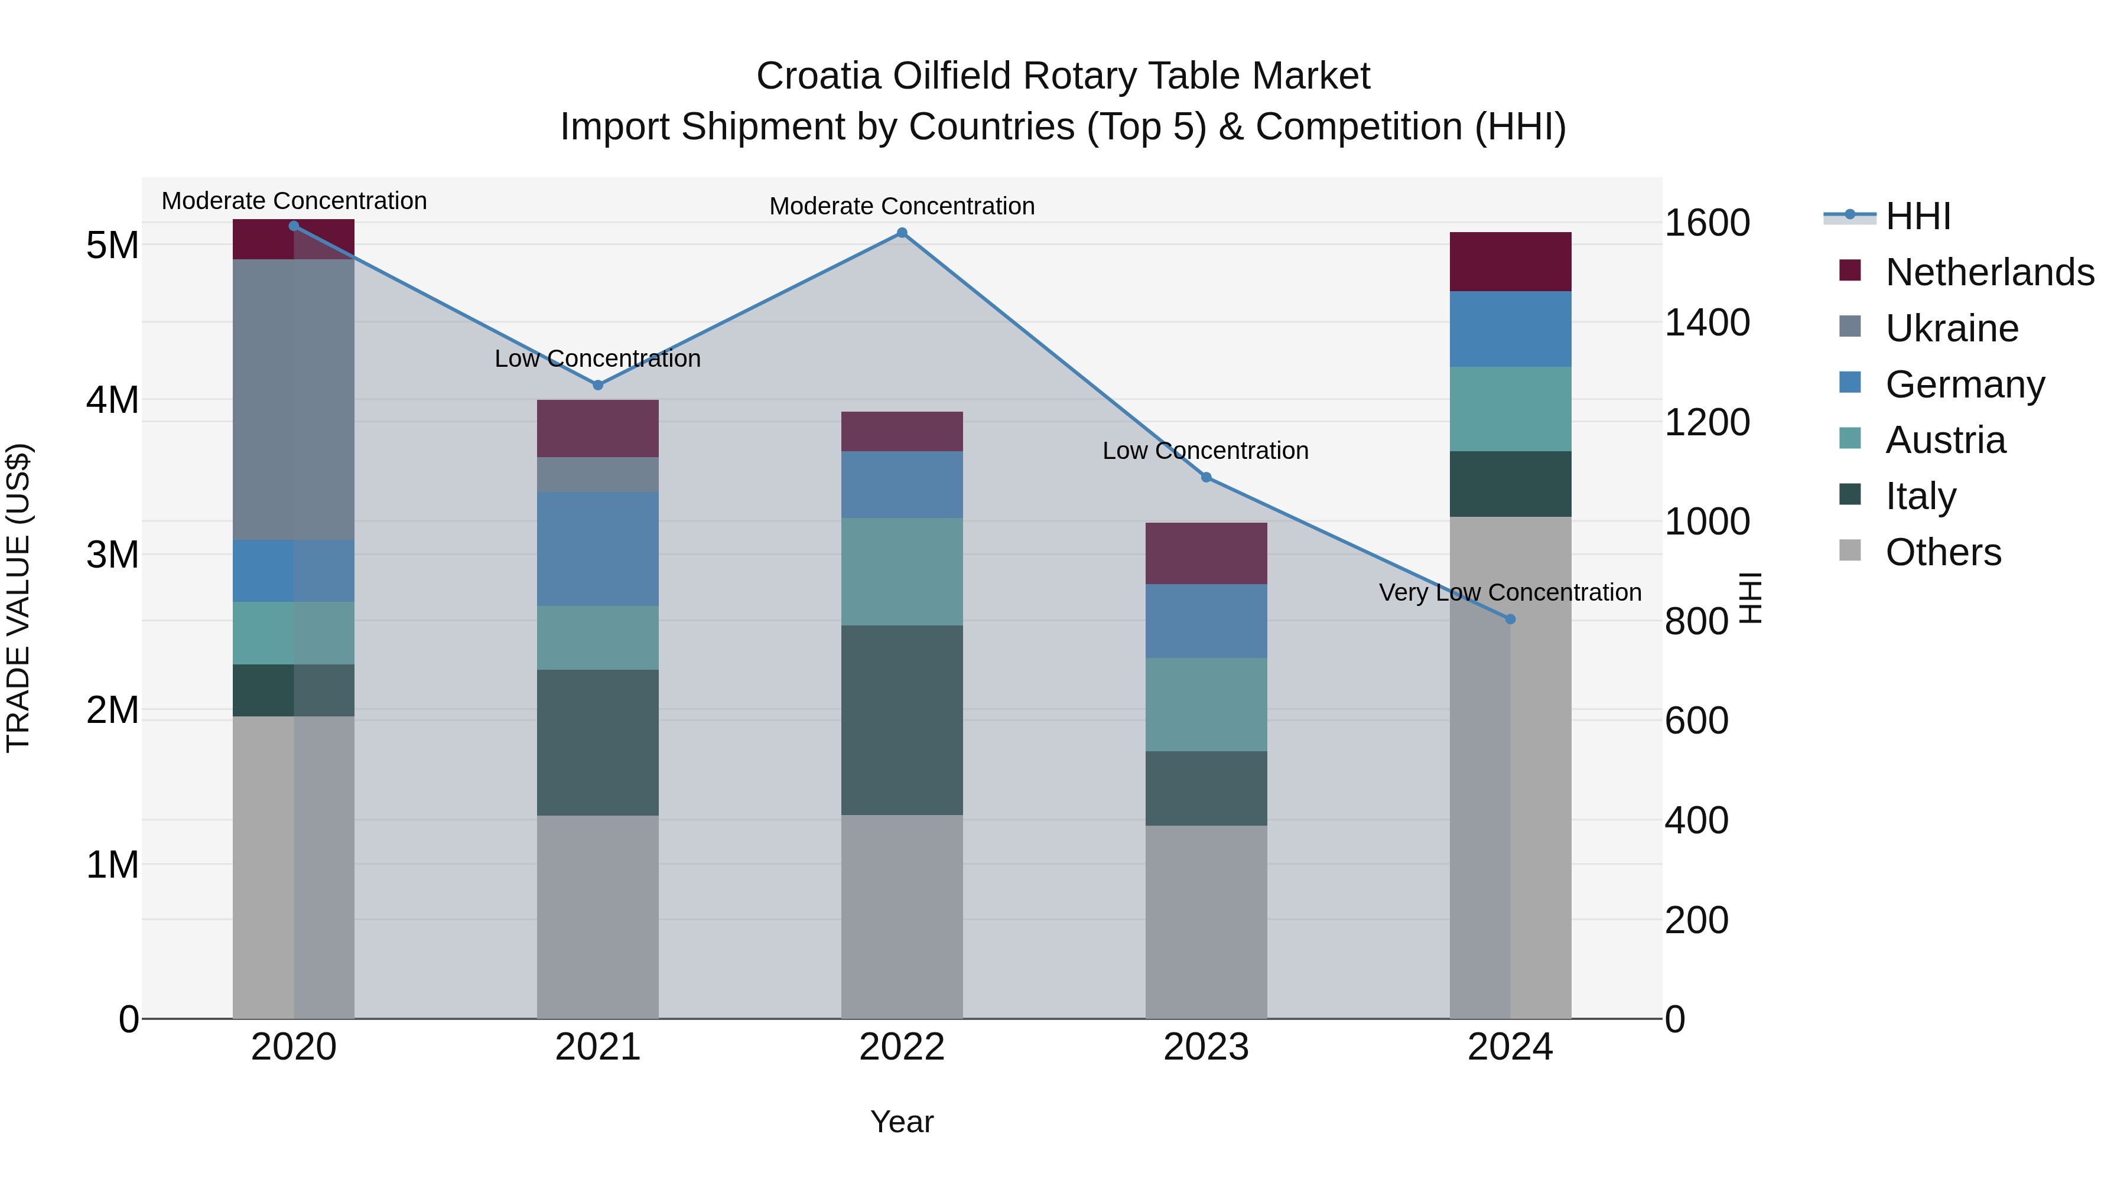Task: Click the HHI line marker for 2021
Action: pyautogui.click(x=598, y=384)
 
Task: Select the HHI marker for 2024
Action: pyautogui.click(x=1510, y=619)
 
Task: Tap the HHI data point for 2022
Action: pyautogui.click(x=902, y=233)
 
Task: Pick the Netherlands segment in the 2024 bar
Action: pyautogui.click(x=1510, y=262)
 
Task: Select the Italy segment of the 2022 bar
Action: pyautogui.click(x=902, y=720)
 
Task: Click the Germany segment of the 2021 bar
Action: pyautogui.click(x=598, y=549)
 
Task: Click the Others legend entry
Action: pyautogui.click(x=1943, y=552)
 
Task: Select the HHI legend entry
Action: pyautogui.click(x=1917, y=216)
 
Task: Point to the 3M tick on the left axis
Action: pyautogui.click(x=112, y=555)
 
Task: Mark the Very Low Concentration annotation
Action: pyautogui.click(x=1510, y=592)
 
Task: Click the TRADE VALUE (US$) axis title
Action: pyautogui.click(x=19, y=598)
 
